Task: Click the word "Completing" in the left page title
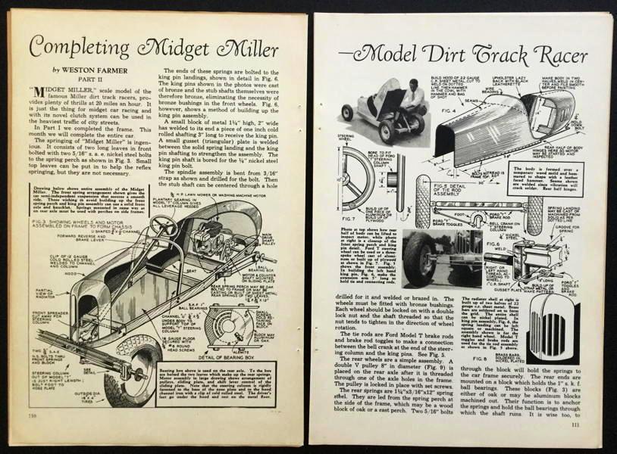(x=84, y=48)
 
